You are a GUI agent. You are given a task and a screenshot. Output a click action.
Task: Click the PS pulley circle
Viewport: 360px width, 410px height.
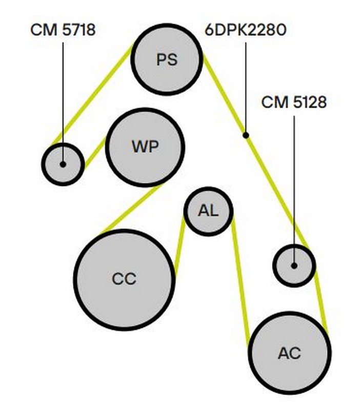click(167, 59)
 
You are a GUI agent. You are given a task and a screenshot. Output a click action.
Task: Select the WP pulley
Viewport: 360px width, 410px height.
click(145, 147)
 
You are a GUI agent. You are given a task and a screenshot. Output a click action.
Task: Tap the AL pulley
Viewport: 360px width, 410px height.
click(208, 211)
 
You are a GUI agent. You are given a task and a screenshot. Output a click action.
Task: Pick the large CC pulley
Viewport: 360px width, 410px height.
click(125, 279)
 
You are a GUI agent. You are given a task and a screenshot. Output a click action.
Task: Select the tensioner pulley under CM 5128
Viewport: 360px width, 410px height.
click(294, 265)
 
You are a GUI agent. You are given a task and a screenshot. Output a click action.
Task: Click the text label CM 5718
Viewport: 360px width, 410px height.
click(63, 29)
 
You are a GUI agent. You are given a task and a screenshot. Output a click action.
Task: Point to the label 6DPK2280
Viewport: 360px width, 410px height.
click(245, 29)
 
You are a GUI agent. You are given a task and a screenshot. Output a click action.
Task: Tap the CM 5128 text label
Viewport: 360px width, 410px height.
click(294, 102)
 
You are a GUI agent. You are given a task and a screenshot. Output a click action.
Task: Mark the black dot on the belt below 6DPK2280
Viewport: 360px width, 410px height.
click(246, 135)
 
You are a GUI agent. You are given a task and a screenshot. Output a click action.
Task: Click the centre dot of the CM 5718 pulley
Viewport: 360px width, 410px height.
click(63, 164)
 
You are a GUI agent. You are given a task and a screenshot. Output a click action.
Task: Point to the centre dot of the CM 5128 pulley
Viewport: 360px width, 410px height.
click(294, 265)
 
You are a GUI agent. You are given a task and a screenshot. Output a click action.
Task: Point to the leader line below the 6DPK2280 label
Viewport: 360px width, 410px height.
click(246, 87)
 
